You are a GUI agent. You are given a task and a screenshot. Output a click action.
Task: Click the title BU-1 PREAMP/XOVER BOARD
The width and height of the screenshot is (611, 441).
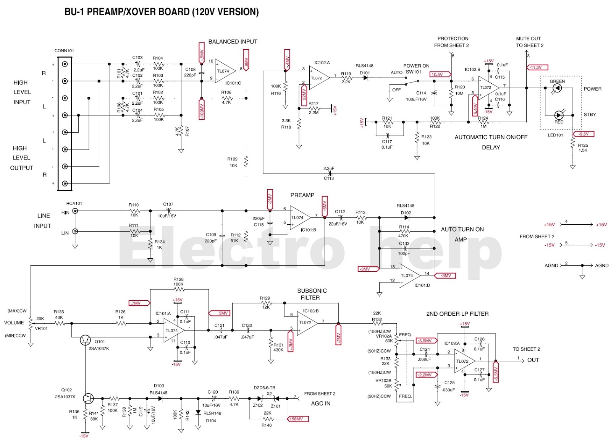click(162, 12)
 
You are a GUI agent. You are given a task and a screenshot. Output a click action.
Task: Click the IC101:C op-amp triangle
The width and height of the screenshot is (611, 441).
click(225, 71)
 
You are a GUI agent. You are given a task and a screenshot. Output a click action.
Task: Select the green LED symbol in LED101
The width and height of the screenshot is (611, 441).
click(557, 88)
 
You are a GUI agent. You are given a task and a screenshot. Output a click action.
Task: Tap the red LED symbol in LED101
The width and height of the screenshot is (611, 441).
click(559, 115)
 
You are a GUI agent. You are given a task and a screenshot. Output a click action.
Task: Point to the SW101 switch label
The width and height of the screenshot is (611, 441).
click(413, 72)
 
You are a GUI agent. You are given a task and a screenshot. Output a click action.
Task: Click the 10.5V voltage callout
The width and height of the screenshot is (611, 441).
click(440, 75)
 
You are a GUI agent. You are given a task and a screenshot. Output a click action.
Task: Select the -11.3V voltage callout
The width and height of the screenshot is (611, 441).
click(538, 67)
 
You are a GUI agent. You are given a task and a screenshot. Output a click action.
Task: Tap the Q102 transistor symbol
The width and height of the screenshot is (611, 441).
click(88, 398)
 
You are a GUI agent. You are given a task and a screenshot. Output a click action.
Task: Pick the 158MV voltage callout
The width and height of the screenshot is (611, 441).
click(297, 419)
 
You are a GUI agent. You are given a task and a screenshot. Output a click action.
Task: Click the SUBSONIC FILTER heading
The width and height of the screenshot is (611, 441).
click(311, 294)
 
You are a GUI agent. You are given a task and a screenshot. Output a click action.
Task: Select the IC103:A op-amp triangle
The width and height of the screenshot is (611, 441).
click(464, 361)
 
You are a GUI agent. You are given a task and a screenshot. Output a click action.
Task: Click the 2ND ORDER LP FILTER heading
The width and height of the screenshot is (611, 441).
click(457, 314)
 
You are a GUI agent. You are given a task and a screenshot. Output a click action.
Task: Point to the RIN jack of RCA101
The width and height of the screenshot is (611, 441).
click(75, 211)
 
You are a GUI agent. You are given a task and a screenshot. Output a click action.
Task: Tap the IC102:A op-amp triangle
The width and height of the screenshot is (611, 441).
click(318, 78)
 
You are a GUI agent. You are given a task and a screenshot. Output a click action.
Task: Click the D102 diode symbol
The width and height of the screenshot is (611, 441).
click(407, 217)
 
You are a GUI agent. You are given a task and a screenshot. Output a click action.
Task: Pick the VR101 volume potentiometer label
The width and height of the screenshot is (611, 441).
click(41, 328)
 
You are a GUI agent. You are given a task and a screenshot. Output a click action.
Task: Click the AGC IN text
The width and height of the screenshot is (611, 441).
click(320, 403)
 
